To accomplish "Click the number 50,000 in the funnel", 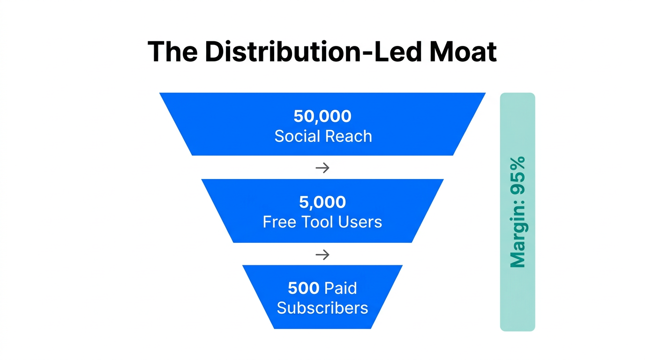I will pos(322,116).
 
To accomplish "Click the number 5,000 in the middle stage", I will pos(322,202).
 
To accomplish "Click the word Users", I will pos(361,222).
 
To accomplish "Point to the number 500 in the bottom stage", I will pos(304,288).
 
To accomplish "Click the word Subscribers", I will pos(322,308).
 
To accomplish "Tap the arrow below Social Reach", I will pos(322,167).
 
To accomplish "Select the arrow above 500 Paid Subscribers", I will pos(322,255).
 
